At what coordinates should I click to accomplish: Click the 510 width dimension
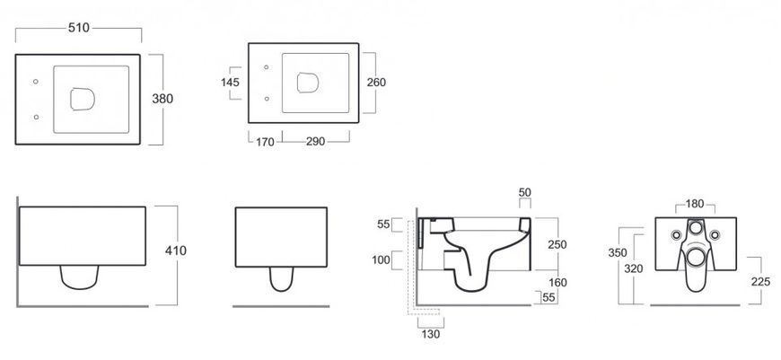[x=79, y=28]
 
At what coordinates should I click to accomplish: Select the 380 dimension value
[x=162, y=99]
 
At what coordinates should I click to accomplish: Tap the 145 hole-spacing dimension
[x=230, y=83]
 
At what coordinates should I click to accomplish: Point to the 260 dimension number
[x=376, y=83]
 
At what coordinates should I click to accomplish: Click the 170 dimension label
[x=265, y=142]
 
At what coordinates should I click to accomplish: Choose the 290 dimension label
[x=315, y=142]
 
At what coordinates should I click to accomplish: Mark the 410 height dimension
[x=176, y=250]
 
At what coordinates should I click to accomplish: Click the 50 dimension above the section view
[x=525, y=192]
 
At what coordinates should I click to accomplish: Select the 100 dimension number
[x=382, y=260]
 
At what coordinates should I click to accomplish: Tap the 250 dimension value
[x=557, y=244]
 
